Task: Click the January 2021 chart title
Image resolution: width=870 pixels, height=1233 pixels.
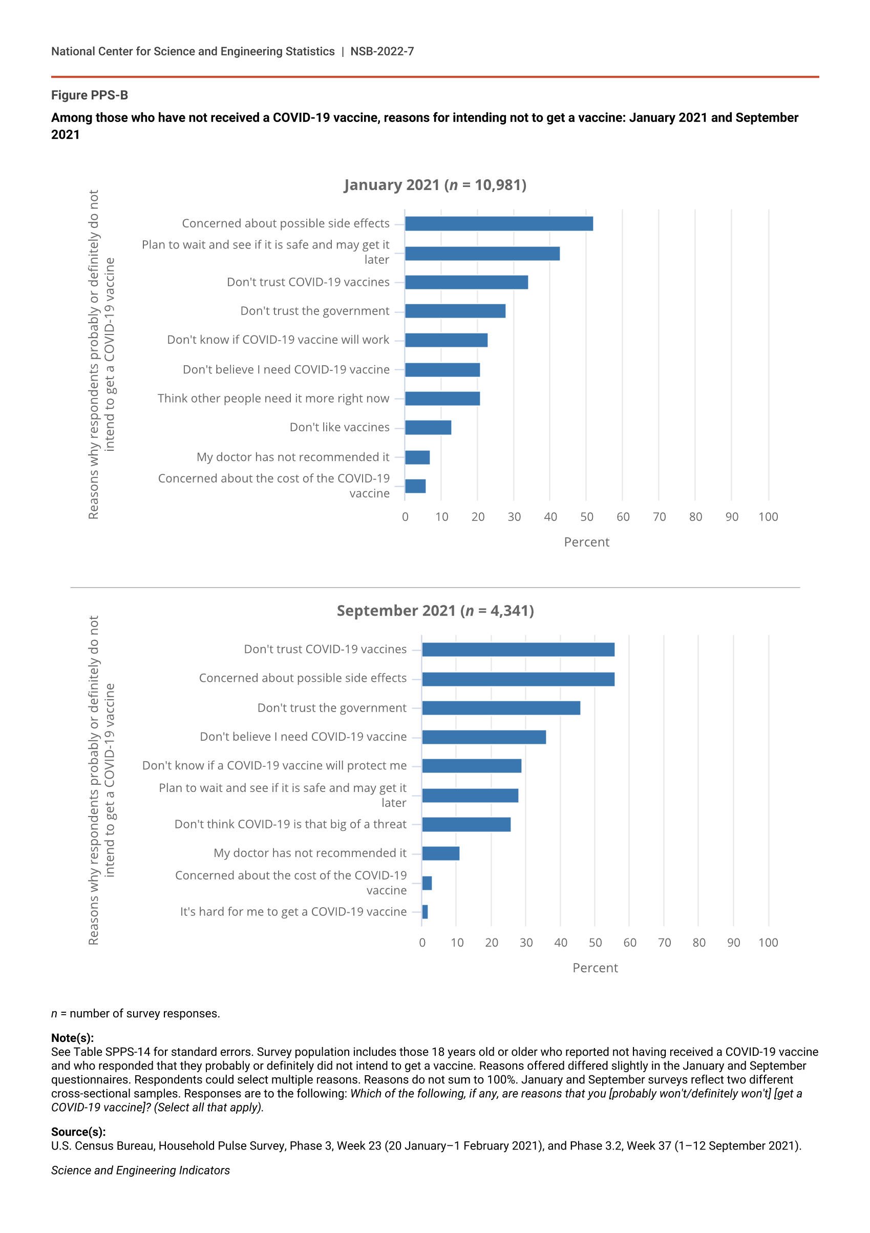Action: coord(435,185)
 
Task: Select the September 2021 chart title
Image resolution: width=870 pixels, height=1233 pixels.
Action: coord(435,611)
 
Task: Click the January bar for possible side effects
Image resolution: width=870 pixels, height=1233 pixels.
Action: coord(499,224)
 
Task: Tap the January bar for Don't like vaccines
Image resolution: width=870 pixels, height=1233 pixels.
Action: coord(428,427)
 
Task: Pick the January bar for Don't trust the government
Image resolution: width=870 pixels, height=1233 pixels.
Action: coord(455,311)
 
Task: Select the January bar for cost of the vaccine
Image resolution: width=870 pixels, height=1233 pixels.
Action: coord(415,487)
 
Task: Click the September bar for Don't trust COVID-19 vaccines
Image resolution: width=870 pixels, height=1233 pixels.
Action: coord(518,650)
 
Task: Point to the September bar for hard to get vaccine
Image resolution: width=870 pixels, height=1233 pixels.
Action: coord(425,912)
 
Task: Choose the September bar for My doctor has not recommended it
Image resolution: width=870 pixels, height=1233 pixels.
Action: coord(441,853)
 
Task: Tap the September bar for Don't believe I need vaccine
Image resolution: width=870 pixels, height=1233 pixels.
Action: coord(483,737)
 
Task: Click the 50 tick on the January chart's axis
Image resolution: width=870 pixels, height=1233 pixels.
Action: coord(587,517)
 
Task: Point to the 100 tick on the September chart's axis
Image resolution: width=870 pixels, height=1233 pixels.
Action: coord(768,943)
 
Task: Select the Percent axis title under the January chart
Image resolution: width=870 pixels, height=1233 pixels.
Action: coord(587,542)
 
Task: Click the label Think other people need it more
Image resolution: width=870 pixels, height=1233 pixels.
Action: coord(273,399)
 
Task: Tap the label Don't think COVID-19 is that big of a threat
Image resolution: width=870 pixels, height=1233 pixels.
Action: coord(290,824)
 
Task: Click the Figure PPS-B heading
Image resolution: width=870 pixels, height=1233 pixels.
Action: coord(90,95)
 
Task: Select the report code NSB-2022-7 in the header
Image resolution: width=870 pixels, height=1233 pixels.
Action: coord(381,52)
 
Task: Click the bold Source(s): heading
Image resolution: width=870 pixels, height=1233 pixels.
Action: coord(78,1132)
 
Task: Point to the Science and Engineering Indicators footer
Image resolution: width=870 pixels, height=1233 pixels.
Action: coord(141,1170)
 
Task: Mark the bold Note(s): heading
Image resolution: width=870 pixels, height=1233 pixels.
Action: coord(72,1038)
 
